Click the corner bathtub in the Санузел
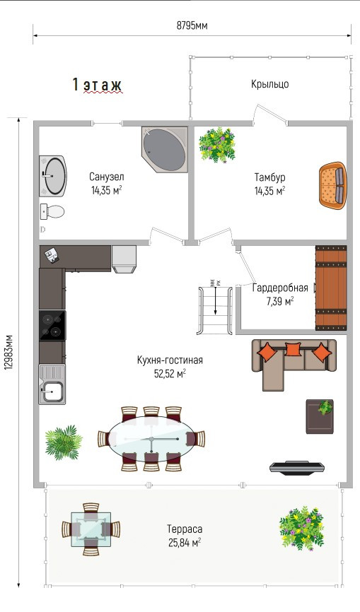[165, 149]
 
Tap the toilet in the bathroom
[52, 211]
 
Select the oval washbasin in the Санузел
[53, 175]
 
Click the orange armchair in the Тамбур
[332, 184]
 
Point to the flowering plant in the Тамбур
[217, 145]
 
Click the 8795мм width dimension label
[192, 26]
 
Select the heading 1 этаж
[97, 84]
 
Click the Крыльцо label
[269, 84]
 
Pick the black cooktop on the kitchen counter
[52, 326]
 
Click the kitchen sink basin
[52, 390]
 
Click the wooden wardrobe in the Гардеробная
[331, 288]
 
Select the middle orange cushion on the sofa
[292, 349]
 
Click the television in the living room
[298, 468]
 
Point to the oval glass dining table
[151, 439]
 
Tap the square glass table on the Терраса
[91, 529]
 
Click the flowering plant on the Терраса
[302, 528]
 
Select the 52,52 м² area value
[170, 374]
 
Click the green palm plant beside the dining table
[63, 442]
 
